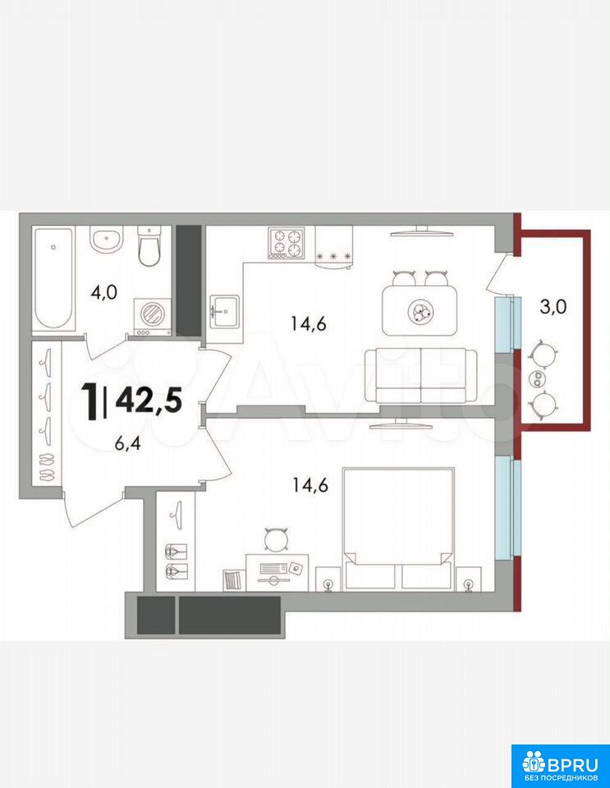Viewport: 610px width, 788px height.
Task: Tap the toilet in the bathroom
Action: coord(149,246)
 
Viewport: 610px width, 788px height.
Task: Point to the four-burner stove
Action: coord(287,244)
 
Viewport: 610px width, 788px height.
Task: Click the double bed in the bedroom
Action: coord(398,529)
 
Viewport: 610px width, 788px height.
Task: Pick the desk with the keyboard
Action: coord(277,572)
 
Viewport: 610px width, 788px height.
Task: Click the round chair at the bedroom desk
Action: coord(276,540)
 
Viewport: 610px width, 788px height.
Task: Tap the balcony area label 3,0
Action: coord(553,306)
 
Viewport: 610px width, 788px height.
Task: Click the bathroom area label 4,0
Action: coord(103,292)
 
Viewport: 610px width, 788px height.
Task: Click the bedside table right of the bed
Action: coord(468,579)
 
